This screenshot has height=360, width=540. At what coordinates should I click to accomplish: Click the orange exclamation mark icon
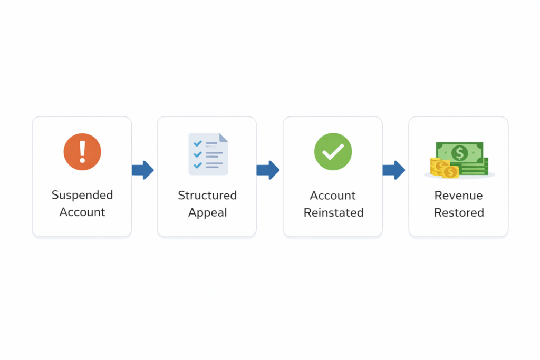[x=82, y=152]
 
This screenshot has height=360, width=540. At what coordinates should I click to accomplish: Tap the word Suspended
[x=82, y=195]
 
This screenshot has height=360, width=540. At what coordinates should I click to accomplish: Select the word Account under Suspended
[x=82, y=212]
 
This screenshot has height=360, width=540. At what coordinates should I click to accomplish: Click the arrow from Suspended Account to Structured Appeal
[x=143, y=170]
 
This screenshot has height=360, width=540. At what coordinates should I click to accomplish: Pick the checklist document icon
[x=208, y=154]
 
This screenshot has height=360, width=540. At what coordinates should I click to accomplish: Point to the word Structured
[x=207, y=196]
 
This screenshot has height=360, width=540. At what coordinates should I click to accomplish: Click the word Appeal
[x=207, y=213]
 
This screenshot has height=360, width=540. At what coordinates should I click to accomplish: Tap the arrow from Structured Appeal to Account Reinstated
[x=268, y=170]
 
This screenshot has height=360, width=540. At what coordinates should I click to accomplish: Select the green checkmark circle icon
[x=333, y=152]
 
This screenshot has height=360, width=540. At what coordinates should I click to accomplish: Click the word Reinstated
[x=333, y=213]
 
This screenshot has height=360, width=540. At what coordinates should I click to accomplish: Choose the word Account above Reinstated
[x=333, y=196]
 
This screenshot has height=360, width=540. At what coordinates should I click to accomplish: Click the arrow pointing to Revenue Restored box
[x=394, y=170]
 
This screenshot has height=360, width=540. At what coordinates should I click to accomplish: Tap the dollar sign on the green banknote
[x=460, y=153]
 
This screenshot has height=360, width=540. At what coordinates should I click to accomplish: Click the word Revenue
[x=459, y=196]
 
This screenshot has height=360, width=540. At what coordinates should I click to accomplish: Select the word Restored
[x=459, y=213]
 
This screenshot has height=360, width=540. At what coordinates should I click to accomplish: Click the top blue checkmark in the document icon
[x=198, y=143]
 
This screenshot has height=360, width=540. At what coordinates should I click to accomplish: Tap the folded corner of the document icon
[x=224, y=138]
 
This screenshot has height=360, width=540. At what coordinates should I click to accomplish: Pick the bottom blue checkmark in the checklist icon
[x=198, y=165]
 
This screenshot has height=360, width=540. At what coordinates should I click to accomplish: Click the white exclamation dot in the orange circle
[x=82, y=160]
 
